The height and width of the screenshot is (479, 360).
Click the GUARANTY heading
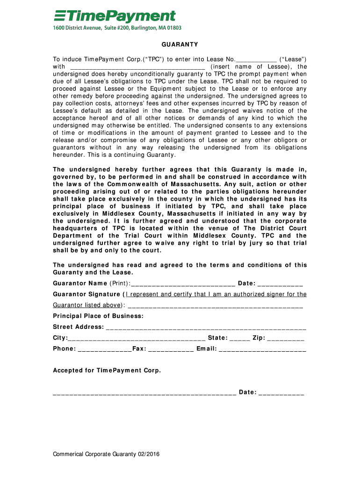(180, 45)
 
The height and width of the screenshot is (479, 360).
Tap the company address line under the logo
(116, 28)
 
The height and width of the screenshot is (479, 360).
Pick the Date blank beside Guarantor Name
(280, 283)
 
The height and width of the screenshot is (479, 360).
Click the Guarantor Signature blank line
(215, 306)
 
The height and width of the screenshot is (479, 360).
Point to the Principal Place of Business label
(98, 316)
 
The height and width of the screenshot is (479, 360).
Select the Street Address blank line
(206, 327)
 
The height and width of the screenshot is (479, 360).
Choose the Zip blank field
(287, 338)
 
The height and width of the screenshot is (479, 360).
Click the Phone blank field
(105, 349)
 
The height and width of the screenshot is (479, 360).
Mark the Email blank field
(262, 349)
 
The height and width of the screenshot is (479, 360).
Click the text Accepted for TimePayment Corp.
(107, 370)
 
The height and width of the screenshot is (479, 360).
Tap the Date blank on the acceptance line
(281, 393)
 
